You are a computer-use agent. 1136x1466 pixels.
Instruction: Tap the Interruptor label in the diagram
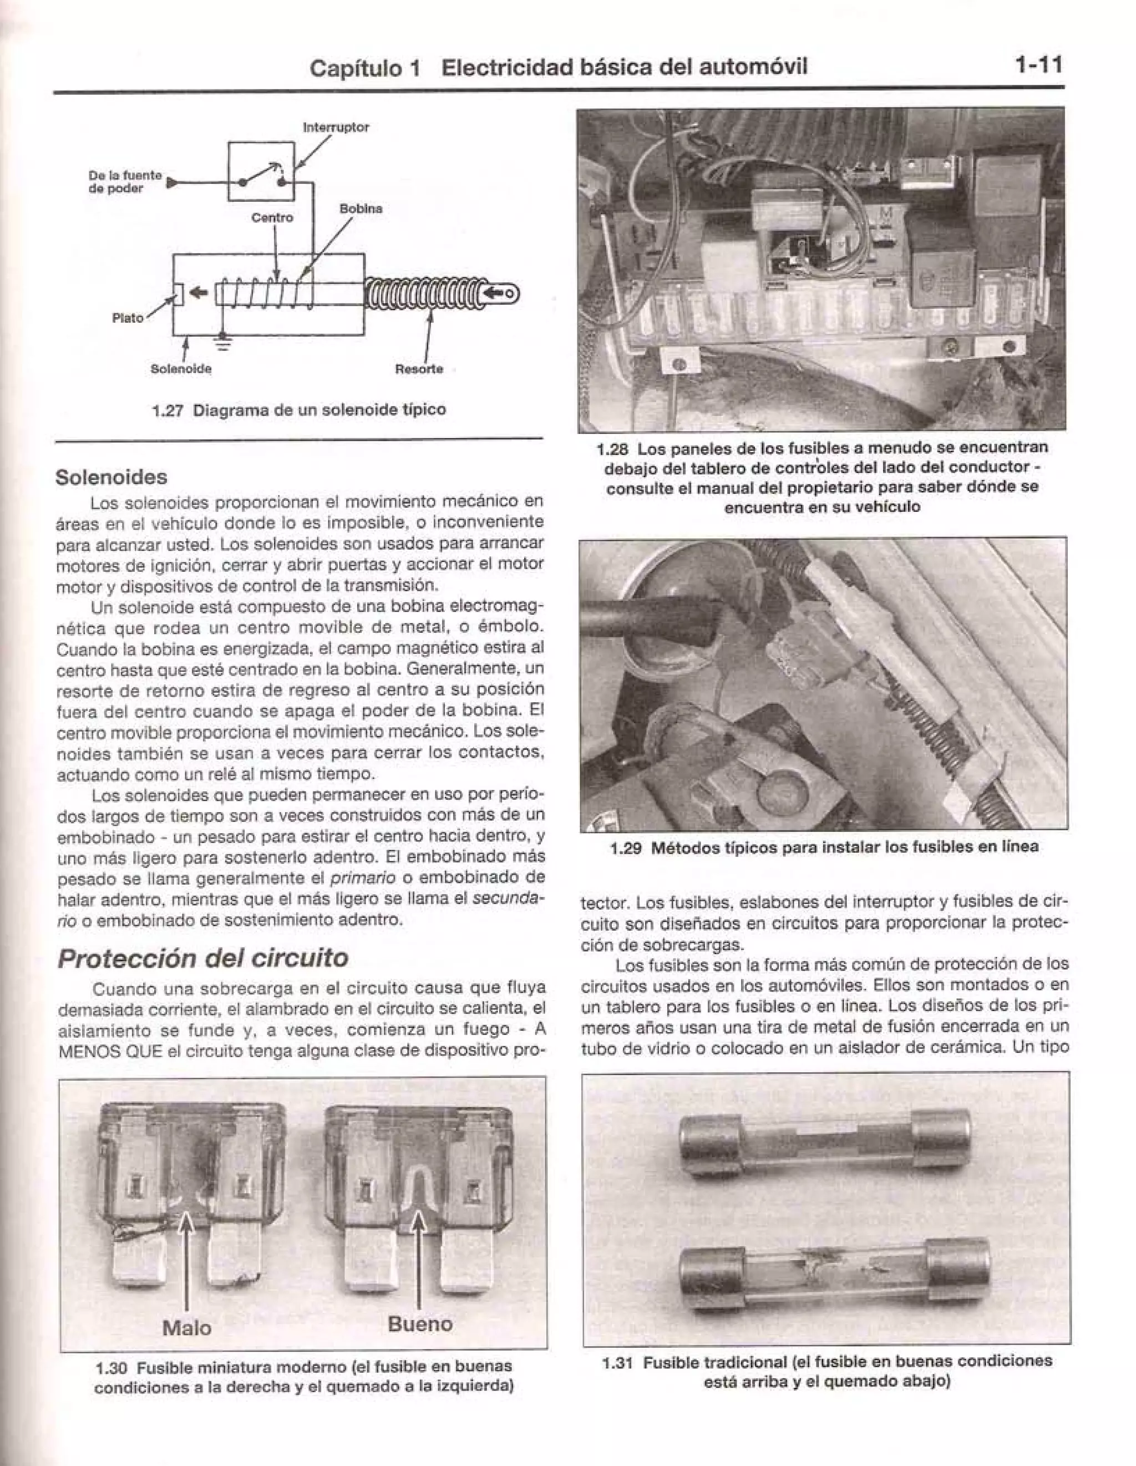pos(336,127)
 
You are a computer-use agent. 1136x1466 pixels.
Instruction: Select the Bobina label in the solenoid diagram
pos(361,209)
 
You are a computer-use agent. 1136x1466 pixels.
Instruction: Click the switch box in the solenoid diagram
pos(261,171)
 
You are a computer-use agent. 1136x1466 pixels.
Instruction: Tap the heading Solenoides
pos(111,477)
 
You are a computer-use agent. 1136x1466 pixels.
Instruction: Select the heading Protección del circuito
pos(203,958)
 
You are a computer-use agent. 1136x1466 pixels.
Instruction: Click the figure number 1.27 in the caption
pos(168,410)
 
